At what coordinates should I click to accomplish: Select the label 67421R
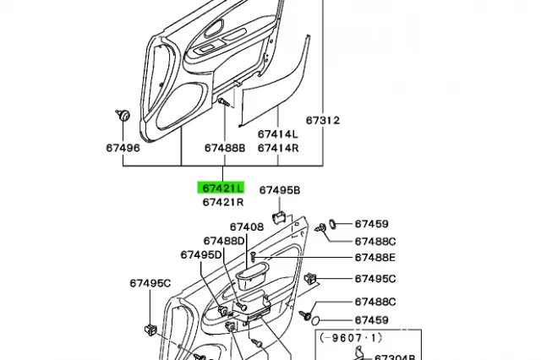pyautogui.click(x=223, y=202)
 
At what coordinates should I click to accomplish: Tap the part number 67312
pyautogui.click(x=323, y=120)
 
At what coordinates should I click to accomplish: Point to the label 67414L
pyautogui.click(x=278, y=134)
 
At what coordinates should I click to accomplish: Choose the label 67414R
pyautogui.click(x=278, y=148)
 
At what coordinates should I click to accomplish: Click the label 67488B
pyautogui.click(x=225, y=148)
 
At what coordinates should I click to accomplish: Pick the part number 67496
pyautogui.click(x=123, y=148)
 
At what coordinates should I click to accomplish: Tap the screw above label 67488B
pyautogui.click(x=224, y=101)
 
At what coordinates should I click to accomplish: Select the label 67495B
pyautogui.click(x=280, y=190)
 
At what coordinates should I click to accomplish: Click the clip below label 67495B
pyautogui.click(x=279, y=218)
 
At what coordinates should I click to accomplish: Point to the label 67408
pyautogui.click(x=247, y=226)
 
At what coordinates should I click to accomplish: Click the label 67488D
pyautogui.click(x=224, y=241)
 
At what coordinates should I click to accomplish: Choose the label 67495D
pyautogui.click(x=201, y=255)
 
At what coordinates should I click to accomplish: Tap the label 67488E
pyautogui.click(x=375, y=258)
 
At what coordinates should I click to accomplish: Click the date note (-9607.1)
pyautogui.click(x=351, y=338)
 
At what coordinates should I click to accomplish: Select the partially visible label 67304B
pyautogui.click(x=395, y=357)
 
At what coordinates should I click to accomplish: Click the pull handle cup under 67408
pyautogui.click(x=252, y=275)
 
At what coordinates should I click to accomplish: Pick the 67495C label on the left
pyautogui.click(x=150, y=283)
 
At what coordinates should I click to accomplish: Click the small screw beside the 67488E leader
pyautogui.click(x=253, y=257)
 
